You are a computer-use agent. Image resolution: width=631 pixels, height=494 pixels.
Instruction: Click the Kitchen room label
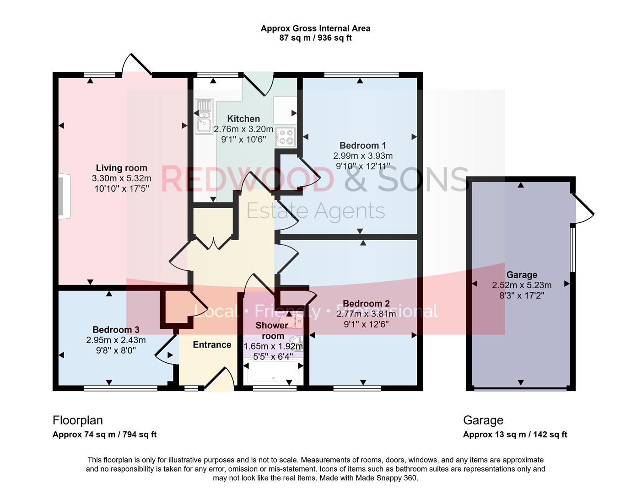coord(243,119)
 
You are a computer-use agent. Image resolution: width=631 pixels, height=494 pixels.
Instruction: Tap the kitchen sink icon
coord(204,117)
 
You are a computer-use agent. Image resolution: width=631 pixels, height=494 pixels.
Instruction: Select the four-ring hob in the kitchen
coord(286,137)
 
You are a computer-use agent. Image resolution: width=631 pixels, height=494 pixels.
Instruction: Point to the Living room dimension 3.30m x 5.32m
coord(121,178)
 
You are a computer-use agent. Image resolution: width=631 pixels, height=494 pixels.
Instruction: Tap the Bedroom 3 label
coord(116,330)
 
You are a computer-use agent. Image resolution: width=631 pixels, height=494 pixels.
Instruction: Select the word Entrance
coord(212,345)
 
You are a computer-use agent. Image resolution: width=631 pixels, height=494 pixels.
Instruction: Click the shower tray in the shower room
coord(273,372)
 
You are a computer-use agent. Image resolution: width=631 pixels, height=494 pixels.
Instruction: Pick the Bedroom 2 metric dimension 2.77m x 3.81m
coord(366,314)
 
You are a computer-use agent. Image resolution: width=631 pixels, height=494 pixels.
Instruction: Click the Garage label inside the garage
coord(522,275)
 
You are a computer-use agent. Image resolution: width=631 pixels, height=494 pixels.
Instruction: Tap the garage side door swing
coord(582,209)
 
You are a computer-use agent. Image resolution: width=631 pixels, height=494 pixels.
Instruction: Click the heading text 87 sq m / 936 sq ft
coord(315,38)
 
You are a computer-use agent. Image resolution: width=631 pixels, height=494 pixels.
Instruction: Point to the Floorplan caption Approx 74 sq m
coord(104,435)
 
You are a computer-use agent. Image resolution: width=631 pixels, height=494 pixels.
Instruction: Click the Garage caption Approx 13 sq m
coord(515,435)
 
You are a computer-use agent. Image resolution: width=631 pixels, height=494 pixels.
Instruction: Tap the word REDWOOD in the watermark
coord(247,179)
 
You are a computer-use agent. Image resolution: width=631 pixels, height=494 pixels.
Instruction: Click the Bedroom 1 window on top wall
coord(361,75)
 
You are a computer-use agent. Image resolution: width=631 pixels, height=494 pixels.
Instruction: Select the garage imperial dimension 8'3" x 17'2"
coord(522,295)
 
